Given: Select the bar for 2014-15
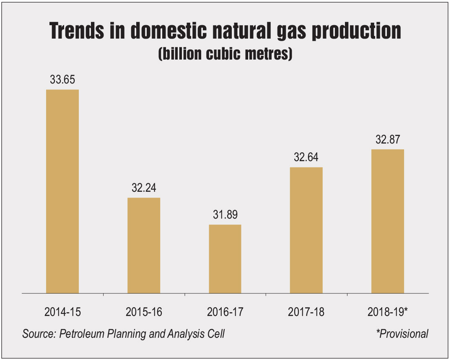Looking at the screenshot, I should (62, 191).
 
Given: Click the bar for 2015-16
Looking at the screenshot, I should (144, 245).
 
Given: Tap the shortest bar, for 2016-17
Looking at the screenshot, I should (225, 258).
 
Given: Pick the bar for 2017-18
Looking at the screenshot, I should (306, 230).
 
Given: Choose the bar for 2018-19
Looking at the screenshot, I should (388, 221).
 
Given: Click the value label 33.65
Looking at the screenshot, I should (62, 80).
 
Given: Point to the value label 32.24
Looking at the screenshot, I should (144, 188).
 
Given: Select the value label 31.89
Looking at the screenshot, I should (225, 215).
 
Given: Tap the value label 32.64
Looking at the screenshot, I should (306, 157).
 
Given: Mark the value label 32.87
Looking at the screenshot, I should (388, 139).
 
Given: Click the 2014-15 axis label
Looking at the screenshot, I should (62, 312).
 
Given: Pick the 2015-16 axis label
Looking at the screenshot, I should (144, 312).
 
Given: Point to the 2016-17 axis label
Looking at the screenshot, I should (225, 312).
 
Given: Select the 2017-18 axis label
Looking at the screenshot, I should (306, 312).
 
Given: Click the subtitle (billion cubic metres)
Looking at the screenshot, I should (225, 55).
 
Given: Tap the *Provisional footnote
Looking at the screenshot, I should (402, 334).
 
